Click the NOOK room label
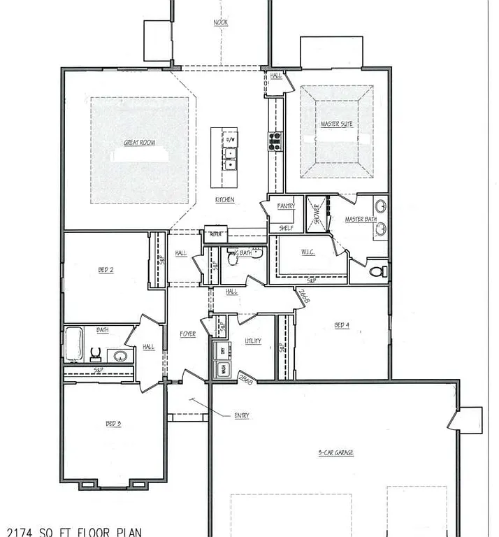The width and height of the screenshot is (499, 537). (x=220, y=23)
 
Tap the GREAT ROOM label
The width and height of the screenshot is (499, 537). (x=139, y=143)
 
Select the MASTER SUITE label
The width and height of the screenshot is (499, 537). (x=336, y=124)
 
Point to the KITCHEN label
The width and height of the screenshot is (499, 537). (x=224, y=201)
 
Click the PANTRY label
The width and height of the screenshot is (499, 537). (x=287, y=206)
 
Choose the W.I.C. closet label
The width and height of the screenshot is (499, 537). (x=308, y=252)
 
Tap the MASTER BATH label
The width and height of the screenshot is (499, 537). (x=361, y=220)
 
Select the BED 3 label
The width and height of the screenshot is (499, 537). (x=113, y=424)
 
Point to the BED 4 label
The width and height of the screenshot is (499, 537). (x=341, y=325)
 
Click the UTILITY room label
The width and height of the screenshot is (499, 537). (x=253, y=341)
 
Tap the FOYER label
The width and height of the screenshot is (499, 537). (x=187, y=334)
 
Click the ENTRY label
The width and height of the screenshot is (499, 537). (x=242, y=416)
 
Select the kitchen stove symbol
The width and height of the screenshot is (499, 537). (x=275, y=141)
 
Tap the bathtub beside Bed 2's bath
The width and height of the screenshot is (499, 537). (x=74, y=343)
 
